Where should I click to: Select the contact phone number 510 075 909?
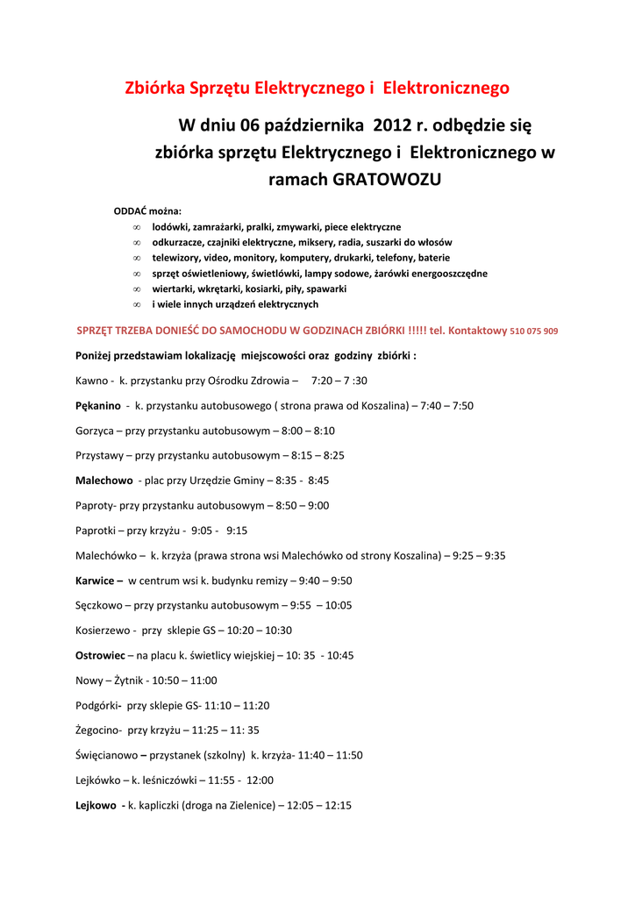533,331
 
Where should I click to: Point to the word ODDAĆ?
131,211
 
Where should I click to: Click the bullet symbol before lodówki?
137,227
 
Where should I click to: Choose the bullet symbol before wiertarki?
137,289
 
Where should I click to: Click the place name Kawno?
92,381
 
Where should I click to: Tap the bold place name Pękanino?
98,406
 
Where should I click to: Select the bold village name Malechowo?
104,481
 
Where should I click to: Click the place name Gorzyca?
96,431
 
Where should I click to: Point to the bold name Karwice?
95,581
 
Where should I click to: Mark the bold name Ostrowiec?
100,655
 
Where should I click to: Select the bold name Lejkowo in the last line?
96,804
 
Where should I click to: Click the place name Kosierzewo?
103,631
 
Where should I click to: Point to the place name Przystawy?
99,456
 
